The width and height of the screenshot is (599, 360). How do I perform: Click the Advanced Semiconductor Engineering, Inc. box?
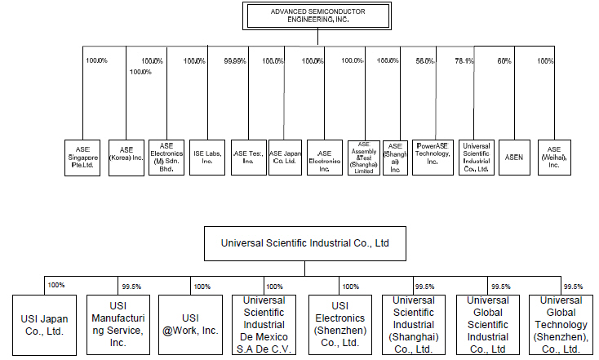coord(307,14)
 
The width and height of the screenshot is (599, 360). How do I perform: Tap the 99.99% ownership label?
coord(234,60)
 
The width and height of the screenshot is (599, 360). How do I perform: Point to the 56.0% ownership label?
coord(424,60)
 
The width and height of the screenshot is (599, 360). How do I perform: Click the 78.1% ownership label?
coord(464,60)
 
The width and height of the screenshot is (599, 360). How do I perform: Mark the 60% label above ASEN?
coord(504,60)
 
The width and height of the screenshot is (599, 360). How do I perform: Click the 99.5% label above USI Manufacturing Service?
coord(131,287)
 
